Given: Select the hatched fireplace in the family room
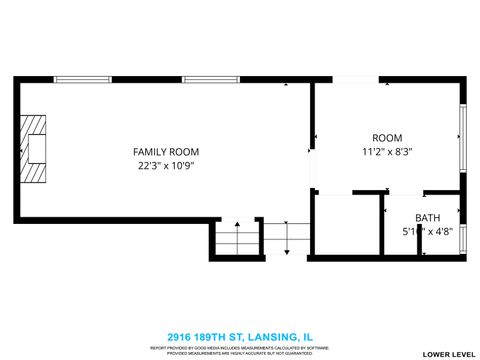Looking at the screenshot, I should click(x=38, y=149).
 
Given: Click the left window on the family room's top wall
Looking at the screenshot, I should click(x=82, y=79).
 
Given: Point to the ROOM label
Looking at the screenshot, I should click(x=387, y=137).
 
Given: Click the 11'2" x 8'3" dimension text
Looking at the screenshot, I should click(x=387, y=152).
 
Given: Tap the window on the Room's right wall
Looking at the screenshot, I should click(x=462, y=136).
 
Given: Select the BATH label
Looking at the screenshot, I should click(x=427, y=218).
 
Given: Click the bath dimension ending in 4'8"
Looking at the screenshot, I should click(x=427, y=232).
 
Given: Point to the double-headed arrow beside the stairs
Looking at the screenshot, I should click(x=287, y=238).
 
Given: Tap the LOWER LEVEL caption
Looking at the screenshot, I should click(x=446, y=354).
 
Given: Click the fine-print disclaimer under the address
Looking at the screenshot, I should click(x=239, y=350).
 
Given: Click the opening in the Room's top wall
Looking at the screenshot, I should click(x=348, y=80).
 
